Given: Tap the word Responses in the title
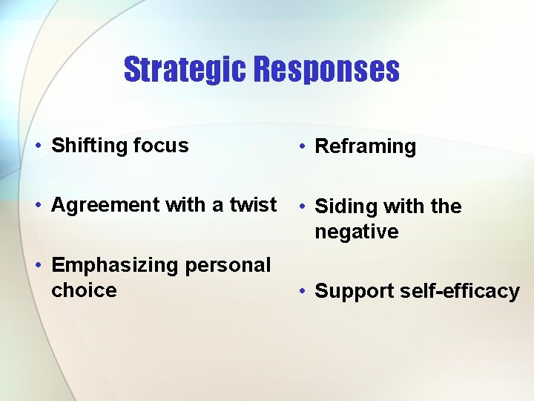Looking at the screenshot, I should (326, 70).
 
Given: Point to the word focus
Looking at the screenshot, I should (161, 146).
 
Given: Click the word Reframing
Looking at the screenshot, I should (365, 147).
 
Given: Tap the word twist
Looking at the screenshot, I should (253, 205).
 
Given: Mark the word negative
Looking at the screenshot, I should (356, 232).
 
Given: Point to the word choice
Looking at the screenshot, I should (84, 290).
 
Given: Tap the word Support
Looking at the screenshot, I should (353, 292).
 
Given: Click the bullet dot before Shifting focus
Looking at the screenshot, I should (37, 146).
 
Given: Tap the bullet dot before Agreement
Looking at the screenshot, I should (37, 206).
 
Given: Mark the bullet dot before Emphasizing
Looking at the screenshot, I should (37, 266).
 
